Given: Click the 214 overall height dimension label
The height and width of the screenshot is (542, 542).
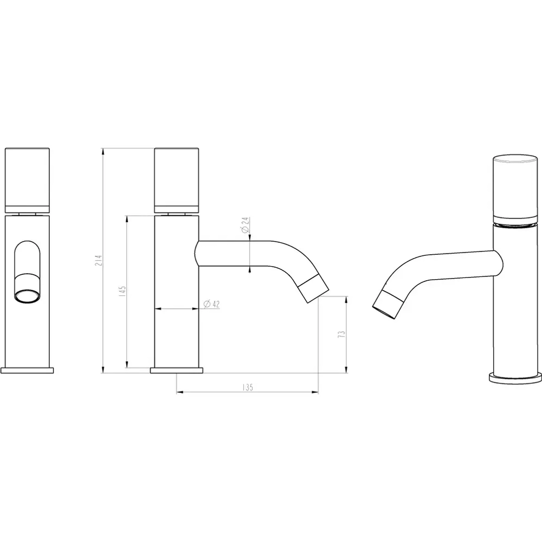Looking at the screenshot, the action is pos(99,260).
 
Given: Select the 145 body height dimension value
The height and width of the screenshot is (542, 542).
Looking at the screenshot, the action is pos(122,292).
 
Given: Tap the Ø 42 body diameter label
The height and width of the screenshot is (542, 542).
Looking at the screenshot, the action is pos(211,304).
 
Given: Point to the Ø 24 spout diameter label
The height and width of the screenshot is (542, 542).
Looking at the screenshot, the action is pos(245,225).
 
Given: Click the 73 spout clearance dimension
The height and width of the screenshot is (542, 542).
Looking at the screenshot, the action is pos(341,334).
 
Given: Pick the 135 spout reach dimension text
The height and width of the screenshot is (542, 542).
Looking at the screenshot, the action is pos(248,387).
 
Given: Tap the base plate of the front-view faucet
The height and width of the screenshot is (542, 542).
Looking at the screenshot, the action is pos(27,370).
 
